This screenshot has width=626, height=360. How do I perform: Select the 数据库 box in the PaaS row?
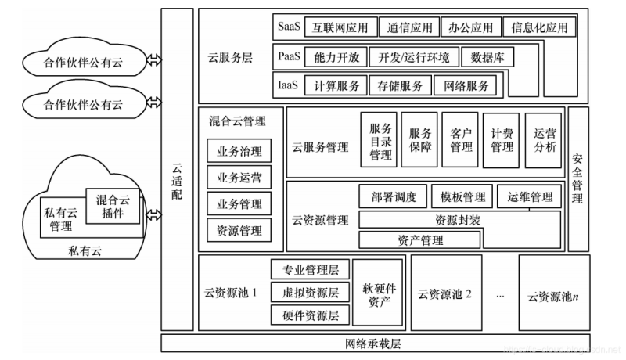(x=487, y=57)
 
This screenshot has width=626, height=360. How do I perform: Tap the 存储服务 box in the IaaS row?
(x=399, y=85)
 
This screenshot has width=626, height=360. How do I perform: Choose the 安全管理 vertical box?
(x=578, y=179)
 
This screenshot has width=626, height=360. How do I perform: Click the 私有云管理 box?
(x=61, y=219)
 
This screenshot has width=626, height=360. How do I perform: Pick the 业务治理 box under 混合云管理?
(x=239, y=151)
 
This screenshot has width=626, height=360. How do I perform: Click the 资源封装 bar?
(x=459, y=219)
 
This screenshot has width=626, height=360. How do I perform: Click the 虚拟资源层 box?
(x=310, y=293)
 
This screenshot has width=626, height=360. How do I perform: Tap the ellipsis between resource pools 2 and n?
(x=501, y=296)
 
